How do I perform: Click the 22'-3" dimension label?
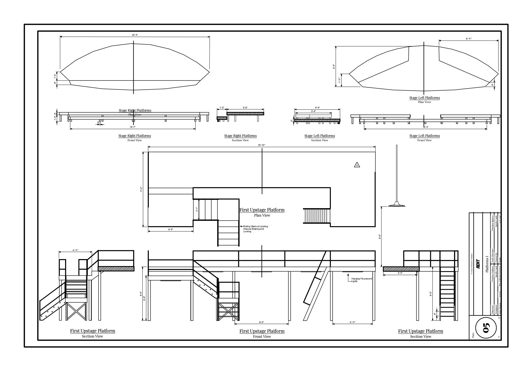click(135, 35)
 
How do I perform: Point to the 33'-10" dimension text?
click(262, 145)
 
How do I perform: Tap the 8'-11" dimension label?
click(469, 39)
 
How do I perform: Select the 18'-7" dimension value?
click(133, 127)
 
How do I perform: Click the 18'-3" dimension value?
click(425, 127)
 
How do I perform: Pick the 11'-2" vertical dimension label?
click(142, 190)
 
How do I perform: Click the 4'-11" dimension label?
click(75, 250)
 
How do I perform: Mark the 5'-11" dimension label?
click(353, 322)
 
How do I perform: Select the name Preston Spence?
click(493, 223)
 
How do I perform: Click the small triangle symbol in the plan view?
click(357, 165)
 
